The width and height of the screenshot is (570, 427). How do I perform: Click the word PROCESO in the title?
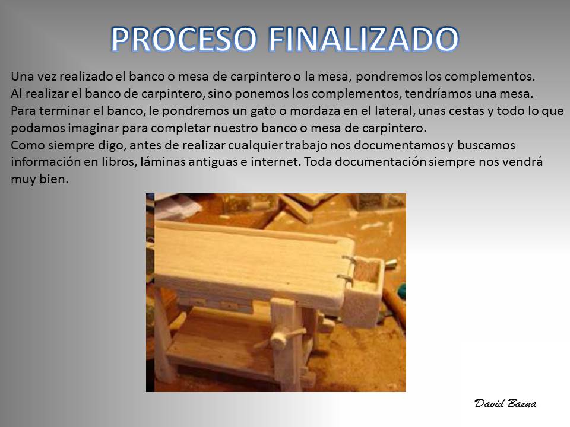[183, 39]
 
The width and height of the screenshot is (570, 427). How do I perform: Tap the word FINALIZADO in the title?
[363, 39]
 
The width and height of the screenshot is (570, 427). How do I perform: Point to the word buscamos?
[486, 145]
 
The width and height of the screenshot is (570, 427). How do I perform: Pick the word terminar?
[64, 111]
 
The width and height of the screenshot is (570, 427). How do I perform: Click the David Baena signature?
[505, 403]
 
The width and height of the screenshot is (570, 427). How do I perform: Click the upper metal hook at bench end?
[349, 260]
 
